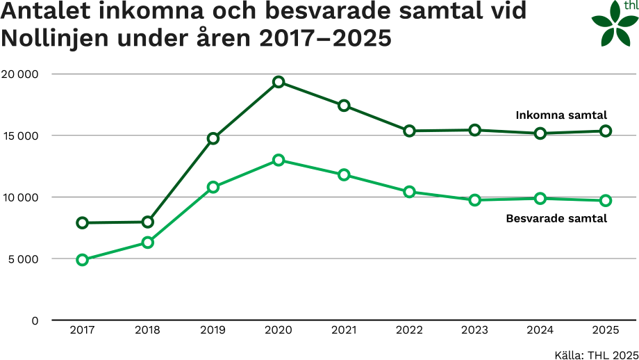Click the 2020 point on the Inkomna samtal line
[x=279, y=82]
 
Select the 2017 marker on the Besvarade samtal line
[x=83, y=260]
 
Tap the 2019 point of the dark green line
[x=213, y=138]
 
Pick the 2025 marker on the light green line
[x=606, y=200]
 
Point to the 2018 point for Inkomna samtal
[x=148, y=222]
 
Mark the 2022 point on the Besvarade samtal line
[x=410, y=192]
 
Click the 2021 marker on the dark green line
[x=344, y=106]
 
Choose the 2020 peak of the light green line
[x=279, y=160]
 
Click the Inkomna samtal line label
[x=561, y=115]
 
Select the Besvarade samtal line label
[x=556, y=218]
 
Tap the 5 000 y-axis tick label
[x=23, y=259]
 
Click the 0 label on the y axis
[x=34, y=321]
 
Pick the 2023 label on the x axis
[x=475, y=330]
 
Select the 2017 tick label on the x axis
[x=83, y=330]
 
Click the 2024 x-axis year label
[x=540, y=330]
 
